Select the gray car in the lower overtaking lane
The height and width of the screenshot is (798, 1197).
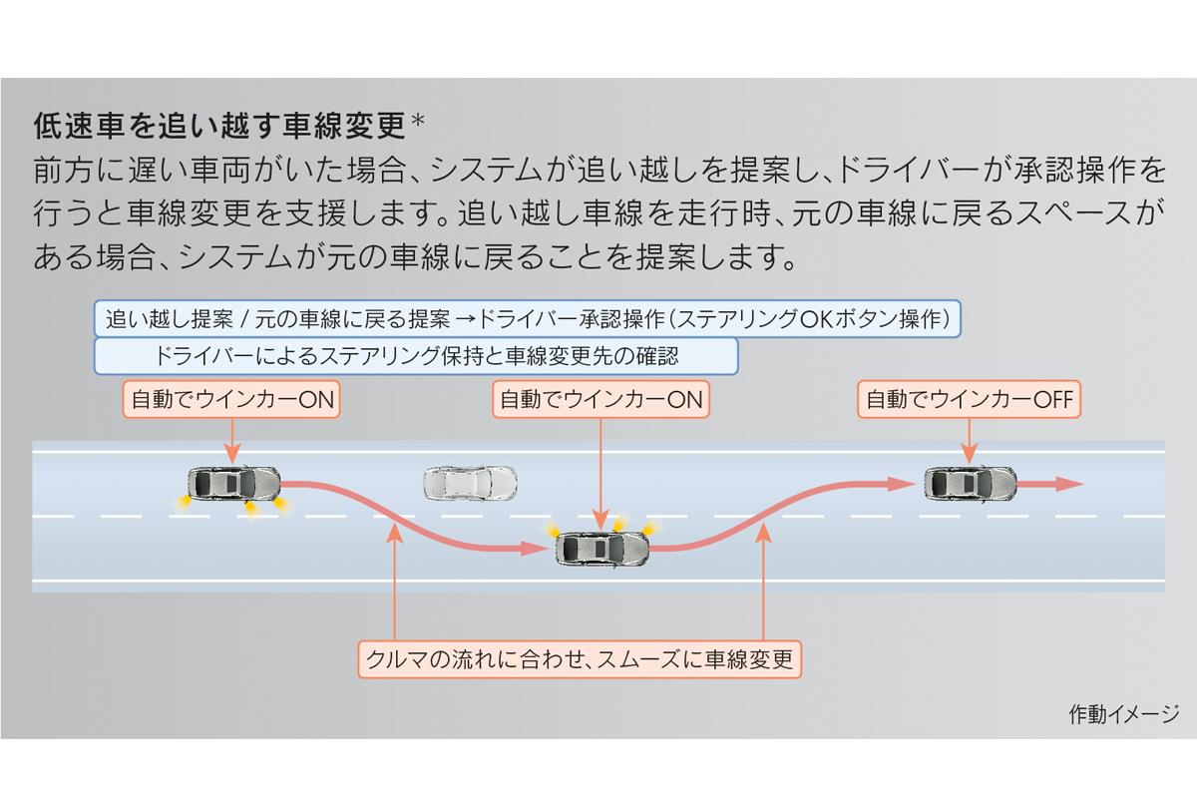click(x=601, y=548)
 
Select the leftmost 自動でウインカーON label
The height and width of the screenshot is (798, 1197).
click(x=230, y=400)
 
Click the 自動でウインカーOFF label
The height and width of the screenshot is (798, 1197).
click(x=970, y=400)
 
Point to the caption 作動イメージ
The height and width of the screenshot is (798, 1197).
click(x=1123, y=714)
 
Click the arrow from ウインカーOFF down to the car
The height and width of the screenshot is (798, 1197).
click(x=970, y=439)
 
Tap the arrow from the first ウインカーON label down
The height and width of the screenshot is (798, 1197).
click(x=230, y=439)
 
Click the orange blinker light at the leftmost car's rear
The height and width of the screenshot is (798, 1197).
click(x=182, y=506)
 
